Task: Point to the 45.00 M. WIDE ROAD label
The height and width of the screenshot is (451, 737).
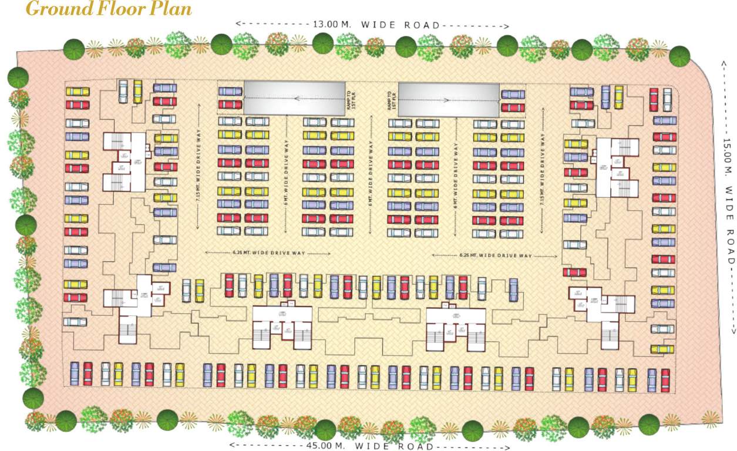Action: pos(373,446)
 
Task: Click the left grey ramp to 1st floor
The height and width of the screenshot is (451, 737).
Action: pos(294,97)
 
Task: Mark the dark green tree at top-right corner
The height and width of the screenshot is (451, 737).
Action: pos(679,56)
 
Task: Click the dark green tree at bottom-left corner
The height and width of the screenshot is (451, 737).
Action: pos(33,399)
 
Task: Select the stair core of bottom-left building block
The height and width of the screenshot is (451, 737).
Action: pos(127,329)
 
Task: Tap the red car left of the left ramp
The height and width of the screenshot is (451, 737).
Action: pos(230,105)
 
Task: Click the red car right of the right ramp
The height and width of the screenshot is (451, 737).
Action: pos(513,107)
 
